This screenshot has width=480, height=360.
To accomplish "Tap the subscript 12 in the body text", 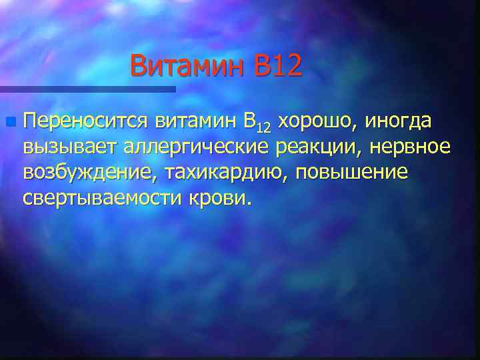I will click(x=265, y=127).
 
